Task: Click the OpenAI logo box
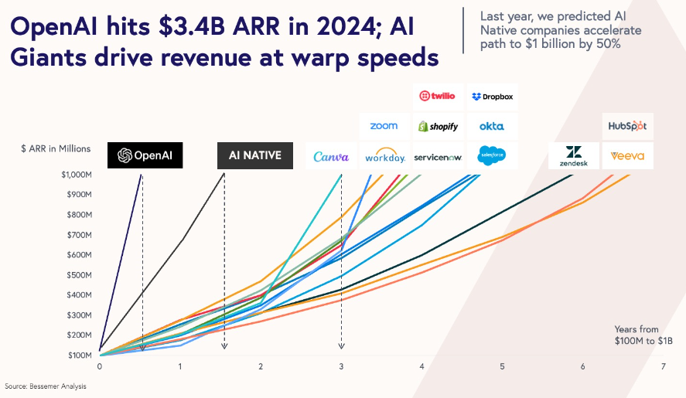145,155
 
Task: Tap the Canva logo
331,157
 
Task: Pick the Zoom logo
384,126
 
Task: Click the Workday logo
385,157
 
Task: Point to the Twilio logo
438,97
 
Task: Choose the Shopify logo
438,126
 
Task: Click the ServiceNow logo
438,157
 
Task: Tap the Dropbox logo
492,97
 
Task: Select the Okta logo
492,126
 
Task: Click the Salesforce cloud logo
492,155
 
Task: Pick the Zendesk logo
574,155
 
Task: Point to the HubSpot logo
627,126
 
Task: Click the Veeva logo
627,155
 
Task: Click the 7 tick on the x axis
663,366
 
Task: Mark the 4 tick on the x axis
421,366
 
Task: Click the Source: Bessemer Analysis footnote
46,386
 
